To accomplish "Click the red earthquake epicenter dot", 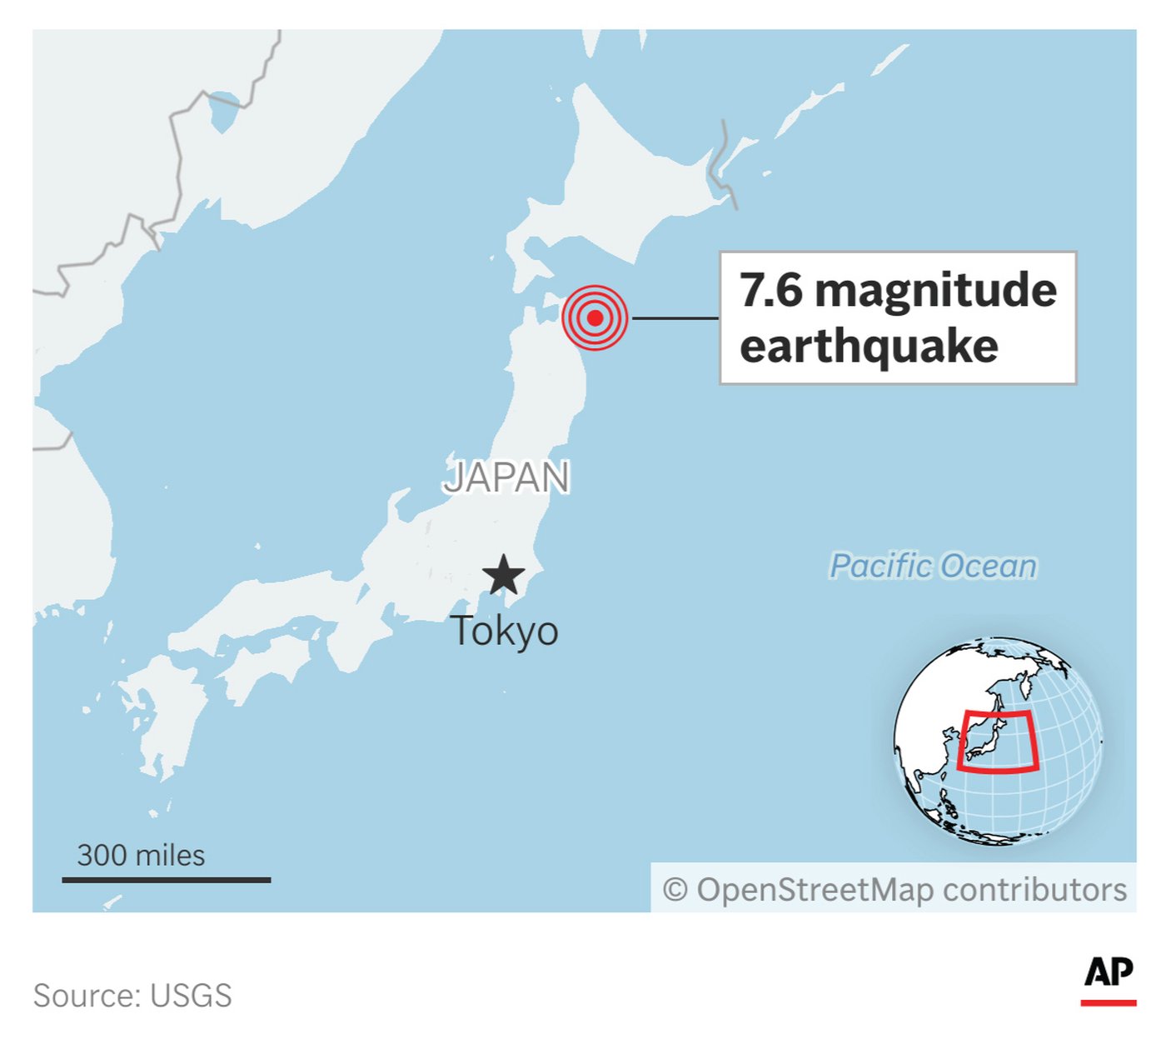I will [595, 317].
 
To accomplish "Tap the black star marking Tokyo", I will [504, 575].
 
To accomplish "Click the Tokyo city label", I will [504, 631].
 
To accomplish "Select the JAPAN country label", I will [506, 477].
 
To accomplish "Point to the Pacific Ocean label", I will [934, 566].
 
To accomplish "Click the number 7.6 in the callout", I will [771, 290].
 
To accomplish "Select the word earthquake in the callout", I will [869, 346].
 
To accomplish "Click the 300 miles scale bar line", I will [167, 879].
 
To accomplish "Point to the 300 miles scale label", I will [141, 855].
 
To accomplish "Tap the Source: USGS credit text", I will [132, 995].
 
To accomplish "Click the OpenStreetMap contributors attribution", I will [895, 889].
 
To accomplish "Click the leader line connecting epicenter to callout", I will [675, 317].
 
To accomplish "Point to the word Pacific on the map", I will [881, 566].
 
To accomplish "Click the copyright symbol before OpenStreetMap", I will [675, 890].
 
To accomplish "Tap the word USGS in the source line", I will [191, 995].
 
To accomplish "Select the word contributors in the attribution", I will [1035, 889].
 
